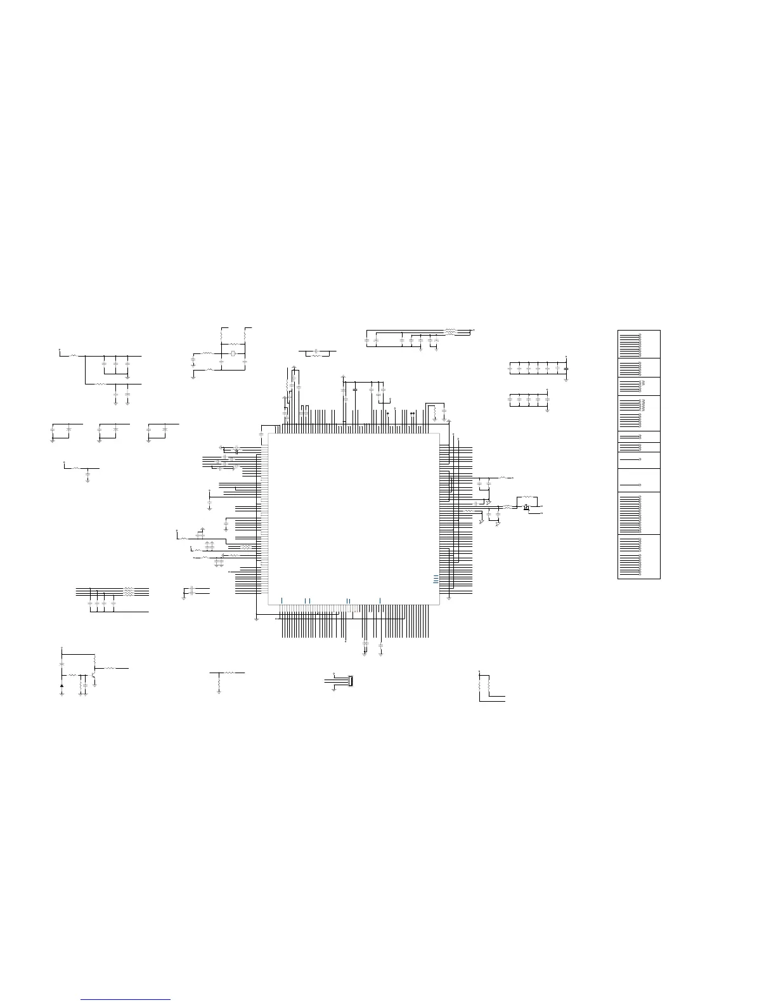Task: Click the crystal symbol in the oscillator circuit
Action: [233, 353]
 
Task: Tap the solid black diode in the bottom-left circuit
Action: [61, 685]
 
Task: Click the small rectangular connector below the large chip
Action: [349, 681]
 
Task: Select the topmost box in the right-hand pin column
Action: [639, 344]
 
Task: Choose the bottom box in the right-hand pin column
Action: [639, 556]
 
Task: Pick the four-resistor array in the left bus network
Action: [129, 591]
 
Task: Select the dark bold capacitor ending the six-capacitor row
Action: [566, 368]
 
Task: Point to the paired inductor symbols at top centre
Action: [450, 331]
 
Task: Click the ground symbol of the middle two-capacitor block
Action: [100, 440]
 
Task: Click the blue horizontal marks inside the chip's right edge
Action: [435, 578]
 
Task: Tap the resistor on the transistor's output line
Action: [110, 668]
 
